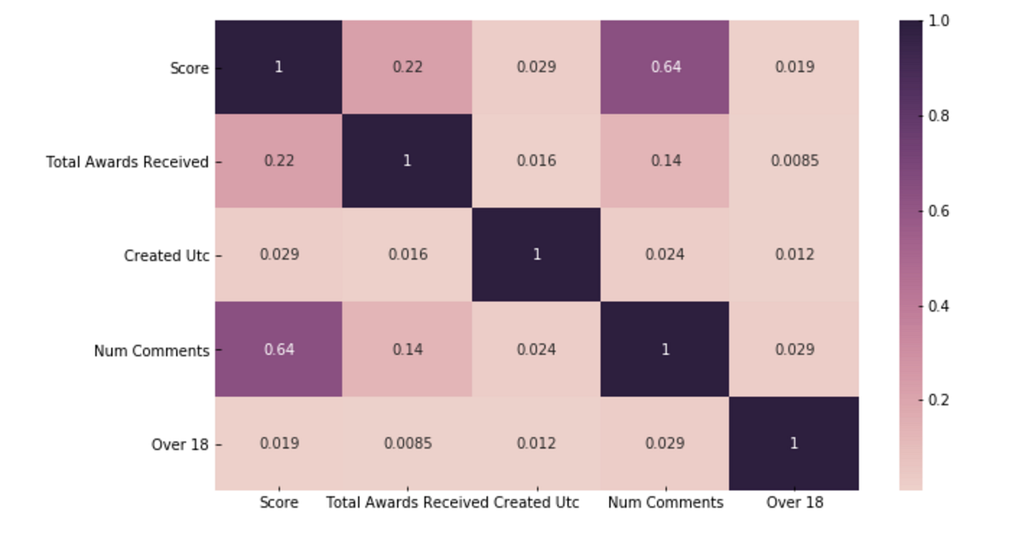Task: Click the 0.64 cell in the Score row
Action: click(x=665, y=67)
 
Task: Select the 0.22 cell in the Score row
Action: click(x=407, y=67)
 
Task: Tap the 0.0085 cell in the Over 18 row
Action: click(x=407, y=443)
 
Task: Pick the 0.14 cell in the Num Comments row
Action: click(x=407, y=349)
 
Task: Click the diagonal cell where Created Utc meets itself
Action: click(x=536, y=254)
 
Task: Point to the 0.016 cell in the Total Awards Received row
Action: click(x=536, y=160)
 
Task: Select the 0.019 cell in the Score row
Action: click(x=794, y=67)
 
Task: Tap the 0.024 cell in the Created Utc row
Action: click(x=665, y=254)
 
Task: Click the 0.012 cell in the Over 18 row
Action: click(x=536, y=443)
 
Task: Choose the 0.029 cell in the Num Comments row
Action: click(x=794, y=349)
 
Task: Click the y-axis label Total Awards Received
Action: click(x=127, y=161)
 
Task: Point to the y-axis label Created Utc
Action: click(x=167, y=255)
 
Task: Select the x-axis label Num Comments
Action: click(x=665, y=503)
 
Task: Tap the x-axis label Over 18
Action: click(x=794, y=503)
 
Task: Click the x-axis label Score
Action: click(x=278, y=503)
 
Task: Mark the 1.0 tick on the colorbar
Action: click(x=939, y=21)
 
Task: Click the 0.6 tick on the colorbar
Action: click(x=939, y=210)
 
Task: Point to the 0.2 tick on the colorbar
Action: click(x=939, y=399)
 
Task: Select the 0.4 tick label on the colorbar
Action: click(x=939, y=305)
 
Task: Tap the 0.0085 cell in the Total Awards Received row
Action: click(x=794, y=160)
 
